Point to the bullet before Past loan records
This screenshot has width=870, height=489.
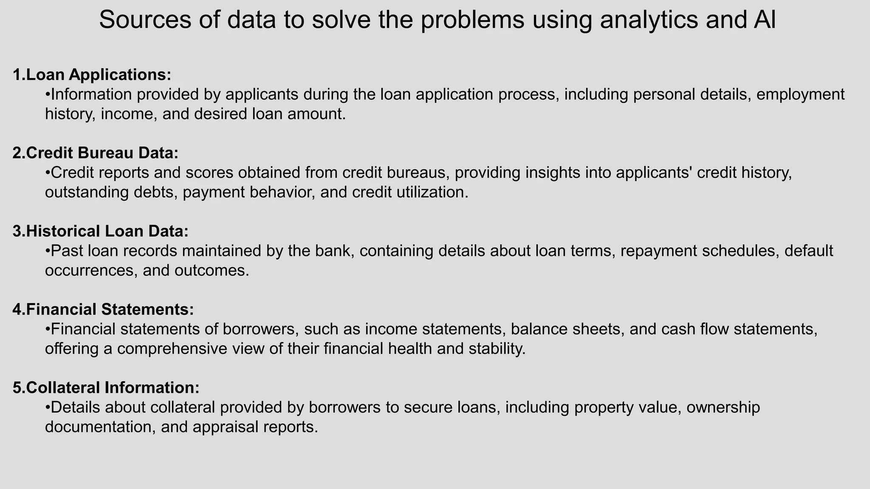click(48, 251)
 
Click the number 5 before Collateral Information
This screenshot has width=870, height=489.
click(17, 388)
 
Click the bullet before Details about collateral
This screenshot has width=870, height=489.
click(48, 407)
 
